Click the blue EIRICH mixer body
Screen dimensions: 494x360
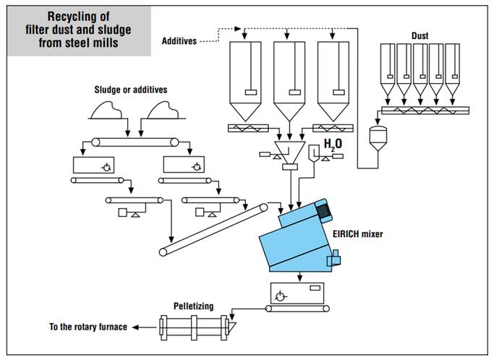click(x=298, y=239)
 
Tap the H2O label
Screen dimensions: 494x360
click(x=333, y=145)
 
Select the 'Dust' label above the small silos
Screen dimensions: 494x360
click(x=420, y=36)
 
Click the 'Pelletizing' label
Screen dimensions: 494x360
click(x=193, y=306)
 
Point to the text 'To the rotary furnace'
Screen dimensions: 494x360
click(x=88, y=327)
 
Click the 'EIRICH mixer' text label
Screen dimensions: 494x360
click(x=357, y=234)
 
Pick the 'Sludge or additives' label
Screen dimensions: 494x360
click(x=131, y=90)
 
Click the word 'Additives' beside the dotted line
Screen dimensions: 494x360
click(x=179, y=41)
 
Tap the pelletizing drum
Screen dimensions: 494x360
click(x=195, y=327)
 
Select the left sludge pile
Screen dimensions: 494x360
click(x=106, y=111)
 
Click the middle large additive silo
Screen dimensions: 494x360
click(x=289, y=81)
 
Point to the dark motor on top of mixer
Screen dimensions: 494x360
click(x=323, y=210)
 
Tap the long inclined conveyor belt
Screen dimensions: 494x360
click(x=213, y=230)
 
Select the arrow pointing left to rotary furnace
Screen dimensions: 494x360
click(x=144, y=327)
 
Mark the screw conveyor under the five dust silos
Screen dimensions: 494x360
click(x=425, y=111)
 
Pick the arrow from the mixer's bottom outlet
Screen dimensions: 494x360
click(x=299, y=277)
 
